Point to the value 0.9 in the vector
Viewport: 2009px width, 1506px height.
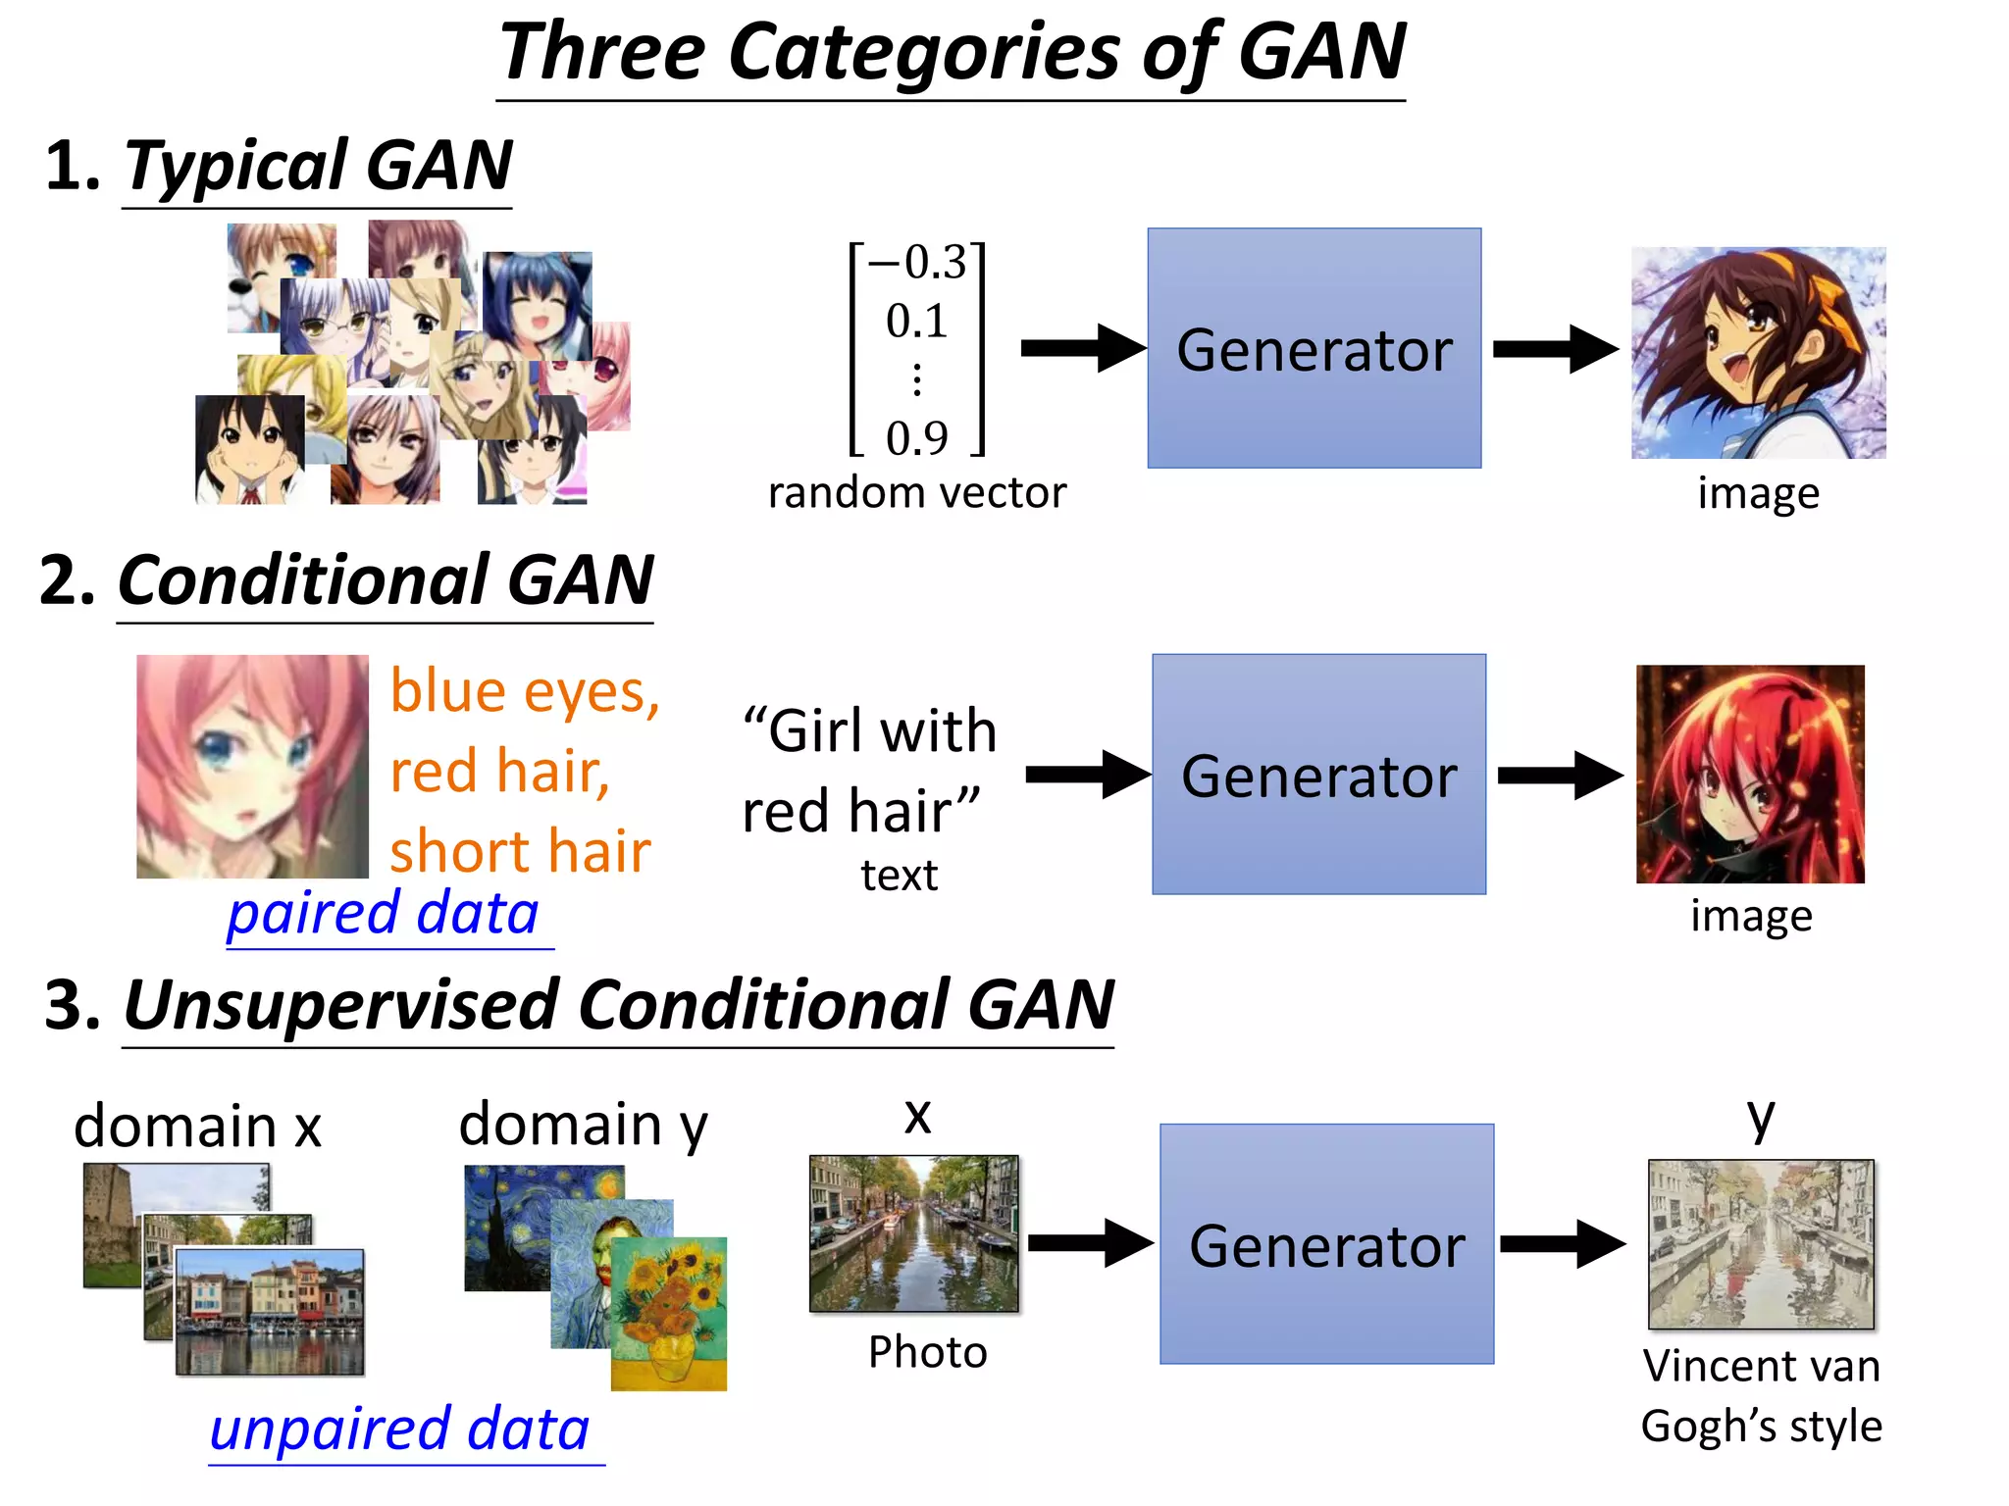(x=917, y=438)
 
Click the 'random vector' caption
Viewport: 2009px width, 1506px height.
(x=916, y=493)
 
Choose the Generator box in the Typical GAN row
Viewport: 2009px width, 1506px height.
(x=1314, y=349)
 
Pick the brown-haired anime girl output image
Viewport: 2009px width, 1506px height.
(x=1758, y=353)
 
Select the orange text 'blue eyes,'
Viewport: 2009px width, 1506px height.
(x=525, y=691)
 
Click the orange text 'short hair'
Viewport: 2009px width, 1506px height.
(x=520, y=850)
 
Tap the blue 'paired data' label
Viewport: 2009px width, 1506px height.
(x=383, y=914)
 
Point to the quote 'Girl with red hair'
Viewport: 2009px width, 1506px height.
(x=868, y=771)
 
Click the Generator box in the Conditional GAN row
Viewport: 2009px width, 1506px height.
(x=1318, y=775)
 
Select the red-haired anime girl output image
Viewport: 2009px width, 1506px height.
(x=1750, y=775)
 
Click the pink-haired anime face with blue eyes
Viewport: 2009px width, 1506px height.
(x=252, y=767)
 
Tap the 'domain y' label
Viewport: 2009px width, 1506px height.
(x=583, y=1125)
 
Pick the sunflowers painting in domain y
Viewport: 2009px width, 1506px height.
(x=669, y=1314)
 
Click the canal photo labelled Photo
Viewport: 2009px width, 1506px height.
(x=914, y=1233)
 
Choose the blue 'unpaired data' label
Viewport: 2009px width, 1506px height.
(x=400, y=1430)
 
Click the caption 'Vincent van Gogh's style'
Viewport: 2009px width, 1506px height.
(x=1762, y=1396)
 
